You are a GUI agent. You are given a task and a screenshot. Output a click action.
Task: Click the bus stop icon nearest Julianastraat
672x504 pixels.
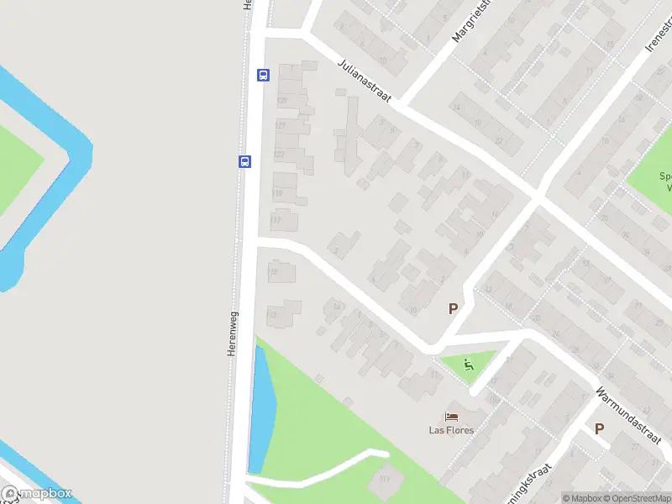(263, 75)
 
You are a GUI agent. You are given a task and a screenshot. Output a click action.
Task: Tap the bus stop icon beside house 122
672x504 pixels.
(244, 161)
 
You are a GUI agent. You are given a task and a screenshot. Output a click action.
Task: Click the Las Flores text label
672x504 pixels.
(451, 431)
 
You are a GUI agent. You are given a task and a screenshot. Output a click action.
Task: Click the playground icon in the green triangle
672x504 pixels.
(468, 365)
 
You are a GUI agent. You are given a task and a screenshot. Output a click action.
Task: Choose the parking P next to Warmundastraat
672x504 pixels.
(599, 428)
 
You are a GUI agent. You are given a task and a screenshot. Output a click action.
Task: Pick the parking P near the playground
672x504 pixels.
(453, 308)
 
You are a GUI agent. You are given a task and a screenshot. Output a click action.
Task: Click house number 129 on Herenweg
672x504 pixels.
(281, 101)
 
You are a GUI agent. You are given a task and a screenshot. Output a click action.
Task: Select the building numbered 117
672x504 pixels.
(276, 220)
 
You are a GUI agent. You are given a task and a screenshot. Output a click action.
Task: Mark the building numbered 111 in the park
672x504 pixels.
(386, 479)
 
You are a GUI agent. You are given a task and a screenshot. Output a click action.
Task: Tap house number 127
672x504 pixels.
(281, 126)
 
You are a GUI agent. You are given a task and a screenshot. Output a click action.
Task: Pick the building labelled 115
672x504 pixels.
(272, 271)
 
